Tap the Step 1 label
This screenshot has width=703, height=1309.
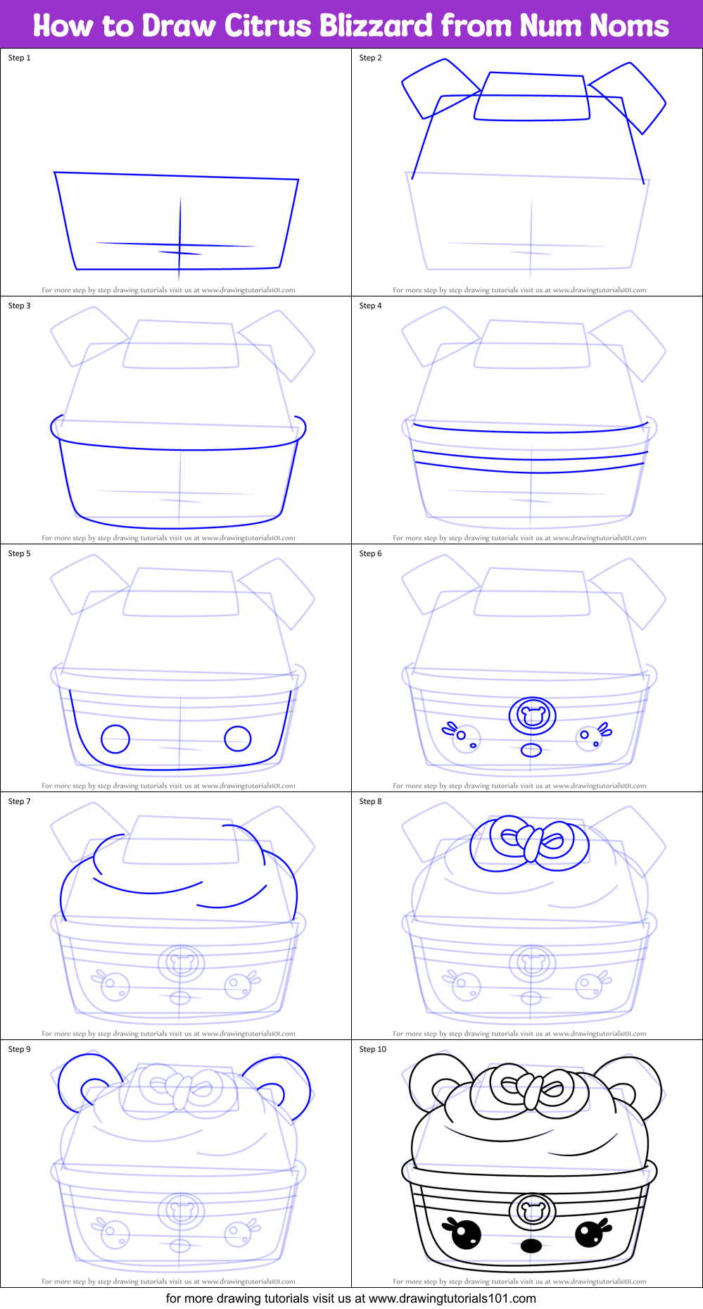19,58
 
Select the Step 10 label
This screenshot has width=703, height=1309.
372,1049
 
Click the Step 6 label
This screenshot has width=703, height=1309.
370,553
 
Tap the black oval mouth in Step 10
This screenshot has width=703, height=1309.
531,1246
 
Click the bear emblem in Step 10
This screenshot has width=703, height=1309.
532,1211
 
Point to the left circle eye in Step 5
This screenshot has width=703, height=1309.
115,739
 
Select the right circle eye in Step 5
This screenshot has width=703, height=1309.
238,739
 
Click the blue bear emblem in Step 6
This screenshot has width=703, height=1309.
533,716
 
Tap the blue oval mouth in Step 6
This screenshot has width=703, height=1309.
531,750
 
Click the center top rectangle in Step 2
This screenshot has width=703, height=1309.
532,97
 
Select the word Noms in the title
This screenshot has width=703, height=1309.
629,26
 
